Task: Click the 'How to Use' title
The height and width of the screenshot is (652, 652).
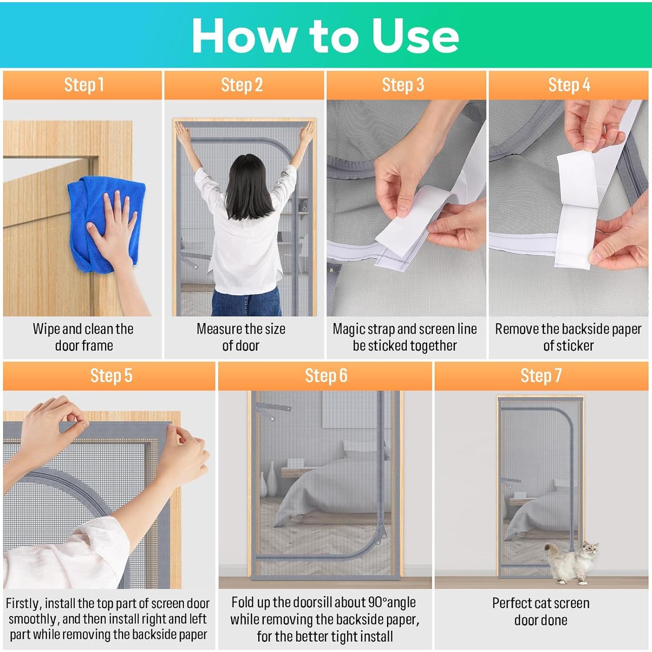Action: click(x=325, y=36)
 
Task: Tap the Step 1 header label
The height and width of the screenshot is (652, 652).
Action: click(x=84, y=85)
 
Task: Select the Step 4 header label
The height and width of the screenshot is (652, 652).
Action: click(x=569, y=85)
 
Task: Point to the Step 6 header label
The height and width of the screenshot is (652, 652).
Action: click(x=326, y=376)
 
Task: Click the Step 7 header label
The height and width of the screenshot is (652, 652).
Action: click(x=541, y=376)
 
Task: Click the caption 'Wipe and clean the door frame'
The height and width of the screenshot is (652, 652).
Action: click(x=83, y=337)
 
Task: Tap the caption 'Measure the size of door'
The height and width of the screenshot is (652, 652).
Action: click(x=241, y=337)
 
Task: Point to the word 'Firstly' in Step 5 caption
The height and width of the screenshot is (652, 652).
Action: click(x=23, y=604)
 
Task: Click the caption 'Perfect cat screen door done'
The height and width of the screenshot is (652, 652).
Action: click(x=541, y=611)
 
